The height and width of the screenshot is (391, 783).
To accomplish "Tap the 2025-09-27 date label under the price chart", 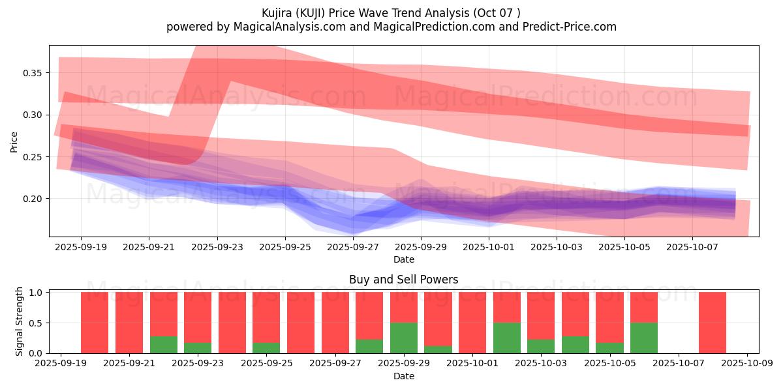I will tap(353, 248).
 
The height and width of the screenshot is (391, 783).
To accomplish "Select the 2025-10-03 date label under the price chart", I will tap(557, 248).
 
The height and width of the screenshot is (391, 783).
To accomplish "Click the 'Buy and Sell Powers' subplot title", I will tap(403, 280).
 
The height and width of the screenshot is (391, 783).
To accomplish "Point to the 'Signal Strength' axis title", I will tap(20, 321).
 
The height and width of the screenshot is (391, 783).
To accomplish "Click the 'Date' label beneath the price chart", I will tap(403, 259).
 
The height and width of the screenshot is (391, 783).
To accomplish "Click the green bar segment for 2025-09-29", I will tap(404, 338).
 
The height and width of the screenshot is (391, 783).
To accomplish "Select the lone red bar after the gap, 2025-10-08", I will tap(713, 323).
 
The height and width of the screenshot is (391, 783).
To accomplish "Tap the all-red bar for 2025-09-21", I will tap(129, 323).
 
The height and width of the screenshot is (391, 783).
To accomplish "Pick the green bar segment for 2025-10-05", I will tap(609, 347).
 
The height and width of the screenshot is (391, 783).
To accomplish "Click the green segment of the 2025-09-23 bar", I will tap(198, 347).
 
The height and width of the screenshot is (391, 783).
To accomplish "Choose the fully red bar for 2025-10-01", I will tap(472, 323).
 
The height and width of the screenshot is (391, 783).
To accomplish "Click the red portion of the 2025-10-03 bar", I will tap(541, 315).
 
